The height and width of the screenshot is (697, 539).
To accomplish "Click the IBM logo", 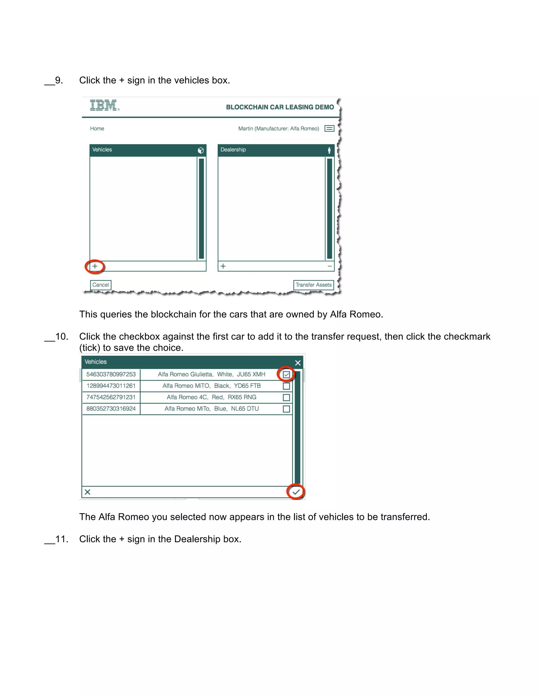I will [x=104, y=105].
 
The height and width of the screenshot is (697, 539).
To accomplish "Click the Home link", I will [x=97, y=129].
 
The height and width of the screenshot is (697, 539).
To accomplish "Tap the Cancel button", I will [x=101, y=285].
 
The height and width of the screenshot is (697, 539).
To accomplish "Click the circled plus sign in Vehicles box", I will [x=95, y=266].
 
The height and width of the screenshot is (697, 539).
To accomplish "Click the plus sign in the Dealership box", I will [x=223, y=266].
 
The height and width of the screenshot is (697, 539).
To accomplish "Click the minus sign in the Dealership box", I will [x=330, y=266].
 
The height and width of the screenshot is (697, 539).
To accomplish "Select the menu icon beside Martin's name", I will [x=329, y=129].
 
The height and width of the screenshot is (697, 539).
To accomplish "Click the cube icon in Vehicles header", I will [x=201, y=150].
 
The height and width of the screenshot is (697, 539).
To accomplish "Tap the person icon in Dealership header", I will [x=329, y=150].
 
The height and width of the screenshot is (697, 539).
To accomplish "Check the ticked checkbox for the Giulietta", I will [x=286, y=375].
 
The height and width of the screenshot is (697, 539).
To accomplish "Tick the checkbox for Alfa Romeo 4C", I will [x=286, y=398].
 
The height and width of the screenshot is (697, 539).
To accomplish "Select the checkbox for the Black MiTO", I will [x=286, y=386].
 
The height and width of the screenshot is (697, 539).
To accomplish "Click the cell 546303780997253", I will [x=111, y=374].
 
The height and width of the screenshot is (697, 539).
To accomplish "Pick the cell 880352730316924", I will [x=111, y=409].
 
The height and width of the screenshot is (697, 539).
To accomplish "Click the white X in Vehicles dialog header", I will [x=298, y=363].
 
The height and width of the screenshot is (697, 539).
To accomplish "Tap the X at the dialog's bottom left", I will [x=87, y=492].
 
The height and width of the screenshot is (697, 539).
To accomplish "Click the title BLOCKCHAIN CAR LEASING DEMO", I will [x=280, y=107].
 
